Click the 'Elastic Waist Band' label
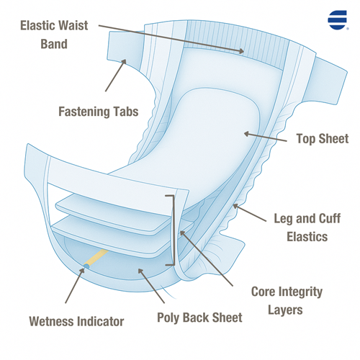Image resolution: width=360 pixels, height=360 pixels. pos(54,35)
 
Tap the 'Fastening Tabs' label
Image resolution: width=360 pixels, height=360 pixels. pos(99,112)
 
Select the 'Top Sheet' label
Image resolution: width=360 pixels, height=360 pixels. pos(323,139)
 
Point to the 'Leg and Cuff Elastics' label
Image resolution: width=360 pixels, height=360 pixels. pos(307,228)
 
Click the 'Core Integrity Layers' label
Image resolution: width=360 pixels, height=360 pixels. pos(287,301)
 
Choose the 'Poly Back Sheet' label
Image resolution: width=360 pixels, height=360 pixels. pos(199,318)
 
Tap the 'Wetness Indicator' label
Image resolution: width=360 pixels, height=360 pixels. pos(76,321)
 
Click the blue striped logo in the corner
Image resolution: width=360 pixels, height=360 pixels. pos(338,20)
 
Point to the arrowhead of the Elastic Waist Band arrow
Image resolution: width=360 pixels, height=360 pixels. pos(241,51)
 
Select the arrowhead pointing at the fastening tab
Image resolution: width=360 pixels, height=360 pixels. pos(124,61)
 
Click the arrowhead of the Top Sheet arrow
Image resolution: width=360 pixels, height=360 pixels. pos(246,134)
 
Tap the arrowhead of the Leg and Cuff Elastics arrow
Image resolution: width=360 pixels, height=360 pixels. pos(235,206)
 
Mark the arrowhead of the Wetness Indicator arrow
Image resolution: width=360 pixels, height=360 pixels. pos(82,270)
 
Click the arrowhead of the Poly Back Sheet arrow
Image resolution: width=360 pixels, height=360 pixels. pos(140,271)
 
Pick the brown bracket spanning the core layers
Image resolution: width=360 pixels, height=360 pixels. pos(174,230)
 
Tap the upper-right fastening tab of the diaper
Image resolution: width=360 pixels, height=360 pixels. pos(330,81)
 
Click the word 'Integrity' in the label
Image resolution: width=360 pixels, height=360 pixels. pos(300,292)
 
